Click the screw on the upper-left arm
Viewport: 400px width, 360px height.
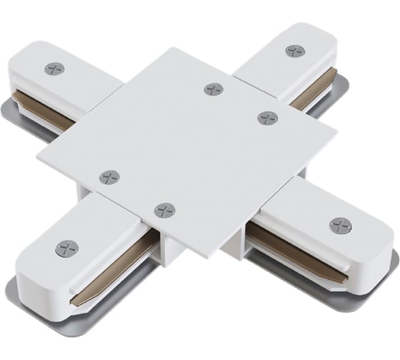[54, 69]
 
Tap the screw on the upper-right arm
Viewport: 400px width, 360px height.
[294, 51]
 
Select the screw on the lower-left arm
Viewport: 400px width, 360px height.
[66, 249]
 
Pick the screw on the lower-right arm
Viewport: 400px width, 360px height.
[341, 226]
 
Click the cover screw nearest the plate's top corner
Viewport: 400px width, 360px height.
[214, 89]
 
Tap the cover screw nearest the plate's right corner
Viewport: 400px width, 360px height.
[268, 118]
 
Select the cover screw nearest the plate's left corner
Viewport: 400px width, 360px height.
[109, 177]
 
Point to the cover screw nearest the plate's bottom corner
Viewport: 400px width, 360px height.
[164, 210]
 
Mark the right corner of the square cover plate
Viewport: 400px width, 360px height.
[336, 133]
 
